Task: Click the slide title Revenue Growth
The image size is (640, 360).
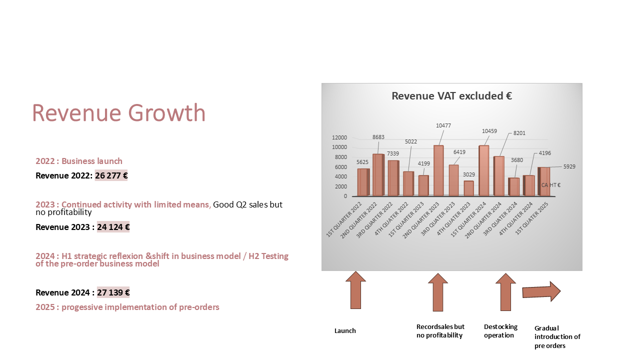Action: [x=119, y=113]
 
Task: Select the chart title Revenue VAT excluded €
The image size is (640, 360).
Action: [x=451, y=96]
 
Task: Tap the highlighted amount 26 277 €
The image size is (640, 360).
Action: [x=111, y=175]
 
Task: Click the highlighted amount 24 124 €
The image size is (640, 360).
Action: [x=113, y=227]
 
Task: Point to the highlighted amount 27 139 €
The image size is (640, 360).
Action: [x=113, y=292]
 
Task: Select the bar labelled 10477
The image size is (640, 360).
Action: [x=438, y=170]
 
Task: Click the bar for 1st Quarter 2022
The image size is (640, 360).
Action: [x=363, y=182]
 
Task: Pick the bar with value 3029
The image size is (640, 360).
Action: [x=468, y=188]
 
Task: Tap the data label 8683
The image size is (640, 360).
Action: [x=378, y=137]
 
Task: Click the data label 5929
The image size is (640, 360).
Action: [x=569, y=166]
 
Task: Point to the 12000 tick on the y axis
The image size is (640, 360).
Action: [x=339, y=137]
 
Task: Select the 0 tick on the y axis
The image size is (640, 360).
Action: [x=345, y=196]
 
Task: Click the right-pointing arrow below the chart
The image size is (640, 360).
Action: [x=541, y=291]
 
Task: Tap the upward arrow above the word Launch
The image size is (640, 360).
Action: [x=355, y=290]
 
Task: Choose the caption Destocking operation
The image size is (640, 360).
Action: [x=500, y=331]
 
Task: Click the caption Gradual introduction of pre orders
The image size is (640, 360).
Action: [x=557, y=337]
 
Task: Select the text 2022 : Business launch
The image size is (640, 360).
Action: [x=79, y=161]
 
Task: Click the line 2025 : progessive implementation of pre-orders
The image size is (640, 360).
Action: [x=127, y=307]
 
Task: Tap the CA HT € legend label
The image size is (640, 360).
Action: [x=551, y=185]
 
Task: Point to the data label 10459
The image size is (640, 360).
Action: [x=489, y=131]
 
